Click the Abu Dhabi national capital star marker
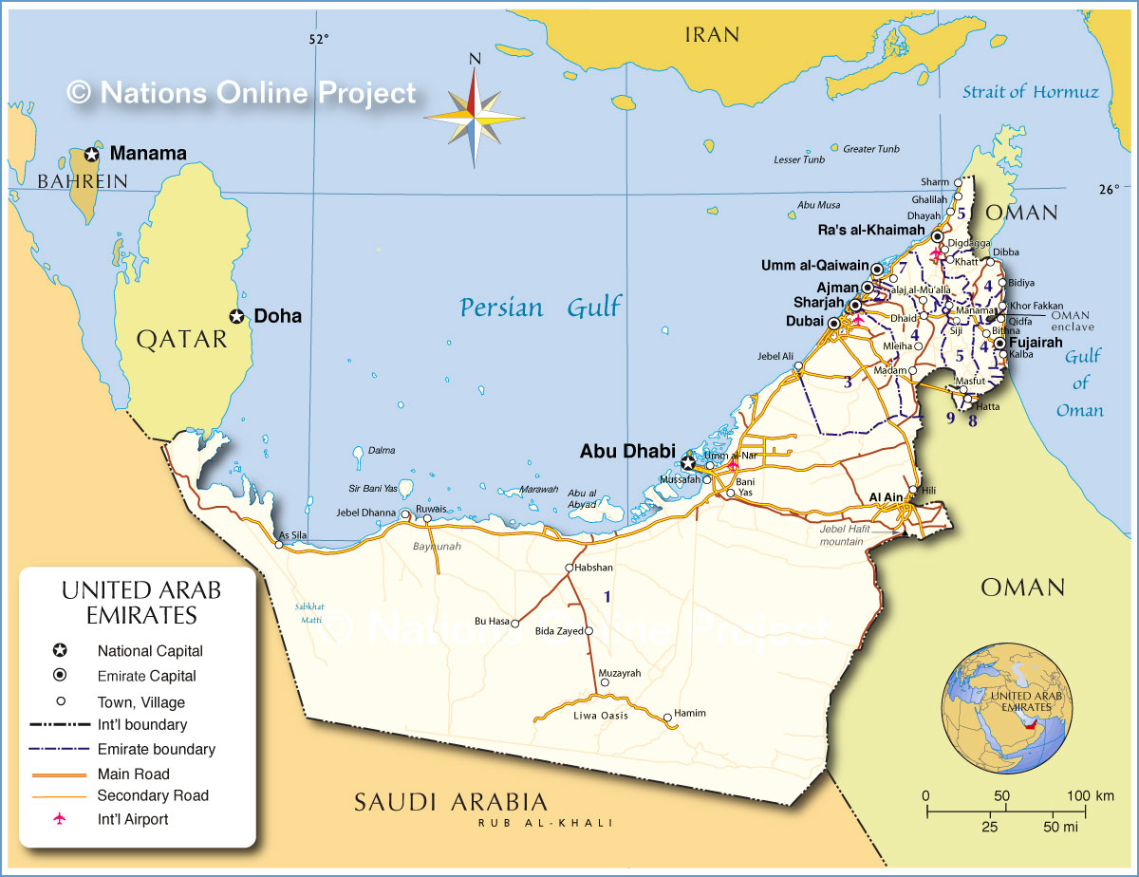click(687, 463)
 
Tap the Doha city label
click(277, 316)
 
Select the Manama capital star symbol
click(92, 154)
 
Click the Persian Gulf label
click(541, 308)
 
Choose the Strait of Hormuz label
click(1030, 92)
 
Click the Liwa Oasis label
click(600, 716)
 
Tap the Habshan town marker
click(569, 568)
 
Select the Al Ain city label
click(886, 497)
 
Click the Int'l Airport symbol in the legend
click(60, 819)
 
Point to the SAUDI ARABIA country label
click(451, 801)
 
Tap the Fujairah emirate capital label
click(1035, 343)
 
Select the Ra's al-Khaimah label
click(870, 230)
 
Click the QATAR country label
click(182, 340)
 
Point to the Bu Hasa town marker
click(514, 624)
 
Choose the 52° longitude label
click(318, 39)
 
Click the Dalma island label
click(382, 450)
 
